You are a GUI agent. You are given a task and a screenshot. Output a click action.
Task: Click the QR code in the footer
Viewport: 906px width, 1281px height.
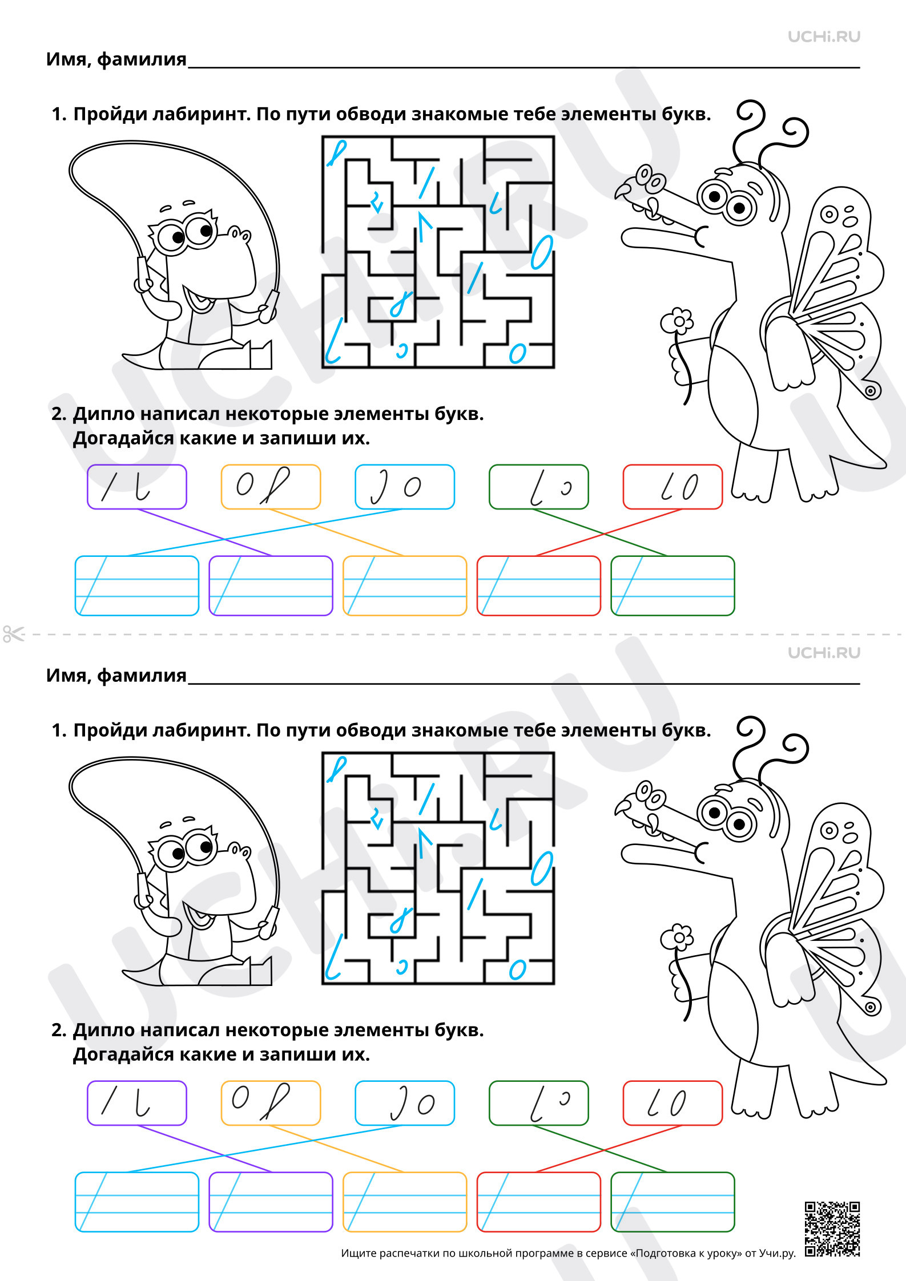(x=832, y=1229)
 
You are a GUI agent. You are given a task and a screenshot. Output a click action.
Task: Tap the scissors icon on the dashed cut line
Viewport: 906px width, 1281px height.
(x=14, y=633)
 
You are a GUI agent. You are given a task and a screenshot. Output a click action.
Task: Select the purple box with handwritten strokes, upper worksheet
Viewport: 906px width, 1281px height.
(x=137, y=487)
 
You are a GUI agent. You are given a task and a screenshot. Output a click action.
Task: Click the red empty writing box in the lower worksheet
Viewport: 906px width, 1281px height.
(x=539, y=1202)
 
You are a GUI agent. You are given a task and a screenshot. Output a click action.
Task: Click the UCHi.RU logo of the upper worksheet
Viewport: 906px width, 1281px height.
(x=824, y=37)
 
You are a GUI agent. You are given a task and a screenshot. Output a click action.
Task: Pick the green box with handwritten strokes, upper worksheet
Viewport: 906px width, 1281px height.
(x=539, y=487)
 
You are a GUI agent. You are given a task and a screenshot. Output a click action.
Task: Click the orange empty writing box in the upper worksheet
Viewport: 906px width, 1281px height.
(x=405, y=585)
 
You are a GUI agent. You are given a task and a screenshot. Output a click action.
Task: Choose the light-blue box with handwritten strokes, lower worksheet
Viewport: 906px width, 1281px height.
(x=405, y=1103)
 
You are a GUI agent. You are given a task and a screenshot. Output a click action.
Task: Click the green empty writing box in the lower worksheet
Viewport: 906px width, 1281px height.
(x=673, y=1202)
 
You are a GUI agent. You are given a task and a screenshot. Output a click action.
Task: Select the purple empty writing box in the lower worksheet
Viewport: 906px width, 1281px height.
(x=271, y=1202)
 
